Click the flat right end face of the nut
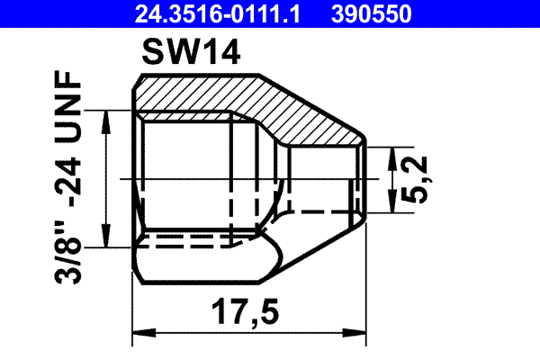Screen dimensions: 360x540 pos(367,180)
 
